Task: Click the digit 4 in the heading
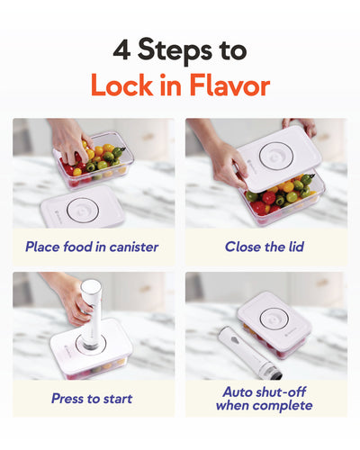[121, 50]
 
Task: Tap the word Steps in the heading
[175, 51]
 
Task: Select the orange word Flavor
[229, 85]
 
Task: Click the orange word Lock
[122, 85]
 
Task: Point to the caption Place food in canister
[92, 247]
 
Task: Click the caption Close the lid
[265, 247]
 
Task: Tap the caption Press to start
[92, 399]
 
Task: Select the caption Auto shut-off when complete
[265, 399]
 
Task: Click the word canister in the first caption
[134, 247]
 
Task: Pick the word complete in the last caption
[283, 406]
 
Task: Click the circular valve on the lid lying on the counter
[83, 211]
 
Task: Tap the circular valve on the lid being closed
[276, 155]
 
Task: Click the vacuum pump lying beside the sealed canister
[249, 353]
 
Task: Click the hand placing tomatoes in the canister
[69, 141]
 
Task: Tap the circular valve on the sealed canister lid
[274, 319]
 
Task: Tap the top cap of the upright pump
[91, 286]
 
